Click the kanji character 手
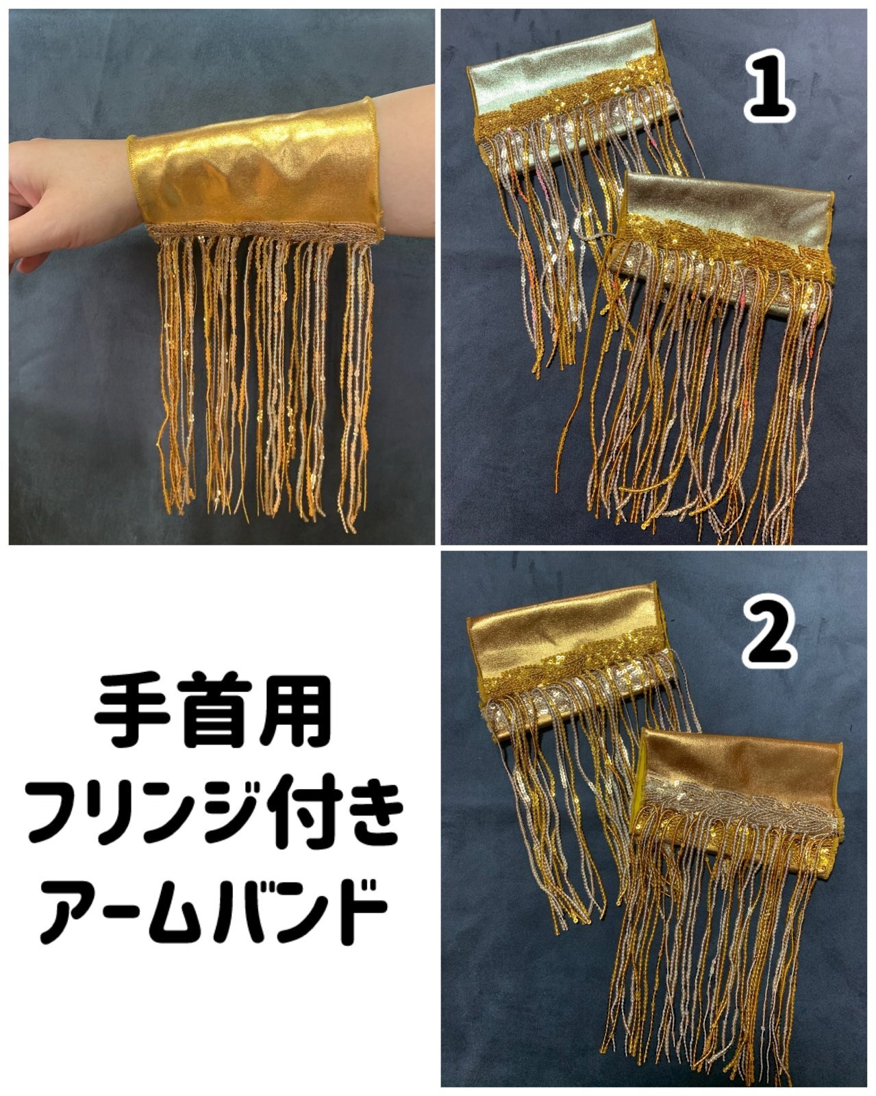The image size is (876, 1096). tap(132, 712)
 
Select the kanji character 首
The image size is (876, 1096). tap(214, 712)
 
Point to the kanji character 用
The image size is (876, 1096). tap(295, 712)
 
